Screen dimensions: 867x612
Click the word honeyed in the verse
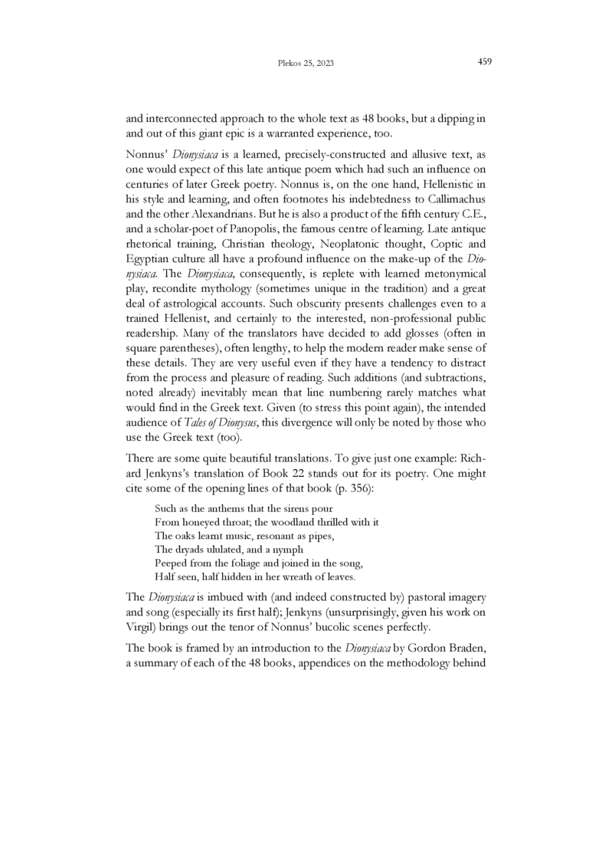tap(201, 522)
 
